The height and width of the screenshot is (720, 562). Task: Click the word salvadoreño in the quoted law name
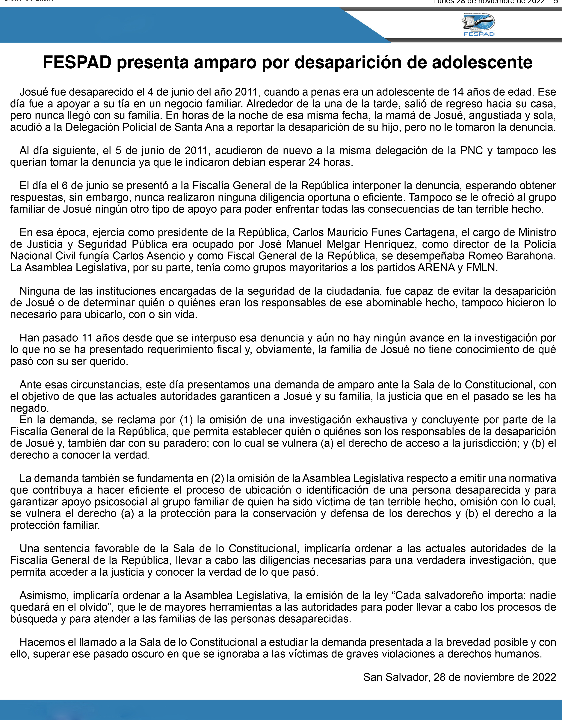tap(458, 595)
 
